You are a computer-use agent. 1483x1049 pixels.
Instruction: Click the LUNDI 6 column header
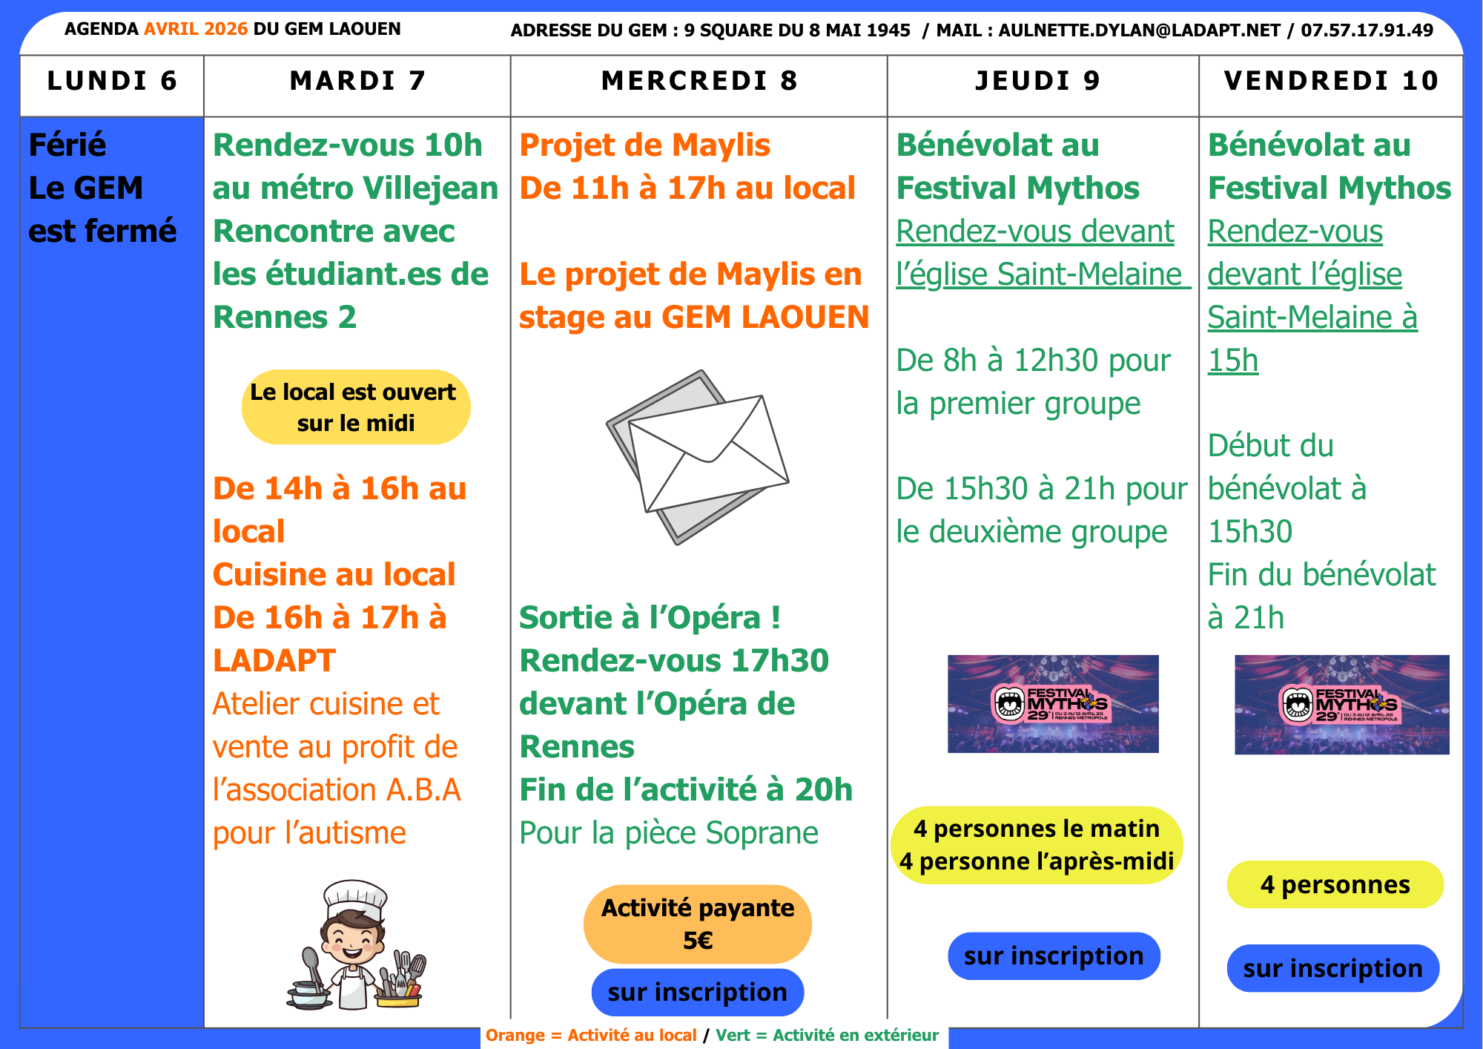[112, 81]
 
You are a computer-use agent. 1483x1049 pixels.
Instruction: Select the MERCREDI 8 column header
[699, 81]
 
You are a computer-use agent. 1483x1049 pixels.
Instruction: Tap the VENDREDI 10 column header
[1331, 81]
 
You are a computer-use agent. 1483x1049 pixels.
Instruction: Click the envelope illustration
[698, 456]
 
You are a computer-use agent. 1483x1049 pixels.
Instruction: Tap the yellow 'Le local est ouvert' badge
[356, 407]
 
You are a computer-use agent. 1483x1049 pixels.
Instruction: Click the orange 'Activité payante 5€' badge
[698, 924]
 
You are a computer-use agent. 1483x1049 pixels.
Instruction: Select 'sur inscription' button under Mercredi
[698, 992]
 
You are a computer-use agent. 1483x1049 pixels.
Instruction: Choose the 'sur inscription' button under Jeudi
[1054, 956]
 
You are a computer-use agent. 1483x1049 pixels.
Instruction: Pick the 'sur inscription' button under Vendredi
[1332, 968]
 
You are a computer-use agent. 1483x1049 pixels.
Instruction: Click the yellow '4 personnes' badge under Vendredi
[1335, 884]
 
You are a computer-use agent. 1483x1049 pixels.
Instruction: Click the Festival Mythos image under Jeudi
[1053, 703]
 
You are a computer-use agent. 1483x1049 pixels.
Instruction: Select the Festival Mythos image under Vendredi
[1341, 704]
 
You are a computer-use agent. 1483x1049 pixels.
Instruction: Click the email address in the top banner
[1139, 30]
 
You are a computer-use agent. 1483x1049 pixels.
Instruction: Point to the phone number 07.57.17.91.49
[1367, 30]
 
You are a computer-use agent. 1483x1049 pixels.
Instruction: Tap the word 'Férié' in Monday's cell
[67, 145]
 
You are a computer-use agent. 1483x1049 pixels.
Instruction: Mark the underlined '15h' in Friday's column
[1233, 361]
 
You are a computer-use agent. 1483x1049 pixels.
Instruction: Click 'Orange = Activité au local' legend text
[591, 1035]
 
